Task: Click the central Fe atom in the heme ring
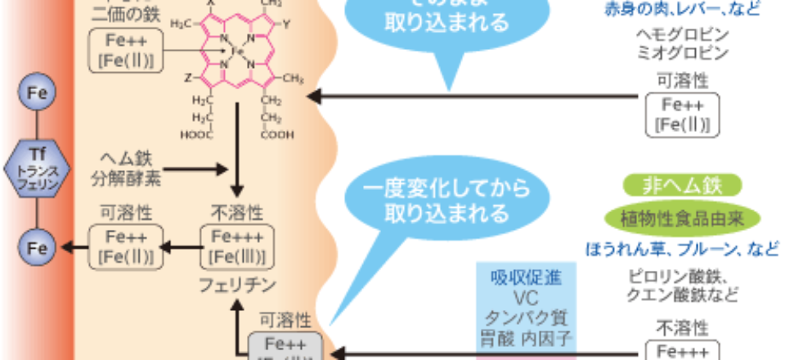[x=237, y=51]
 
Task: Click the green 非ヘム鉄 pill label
[x=682, y=185]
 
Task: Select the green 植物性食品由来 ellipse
[x=682, y=217]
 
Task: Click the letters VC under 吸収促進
[x=526, y=297]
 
